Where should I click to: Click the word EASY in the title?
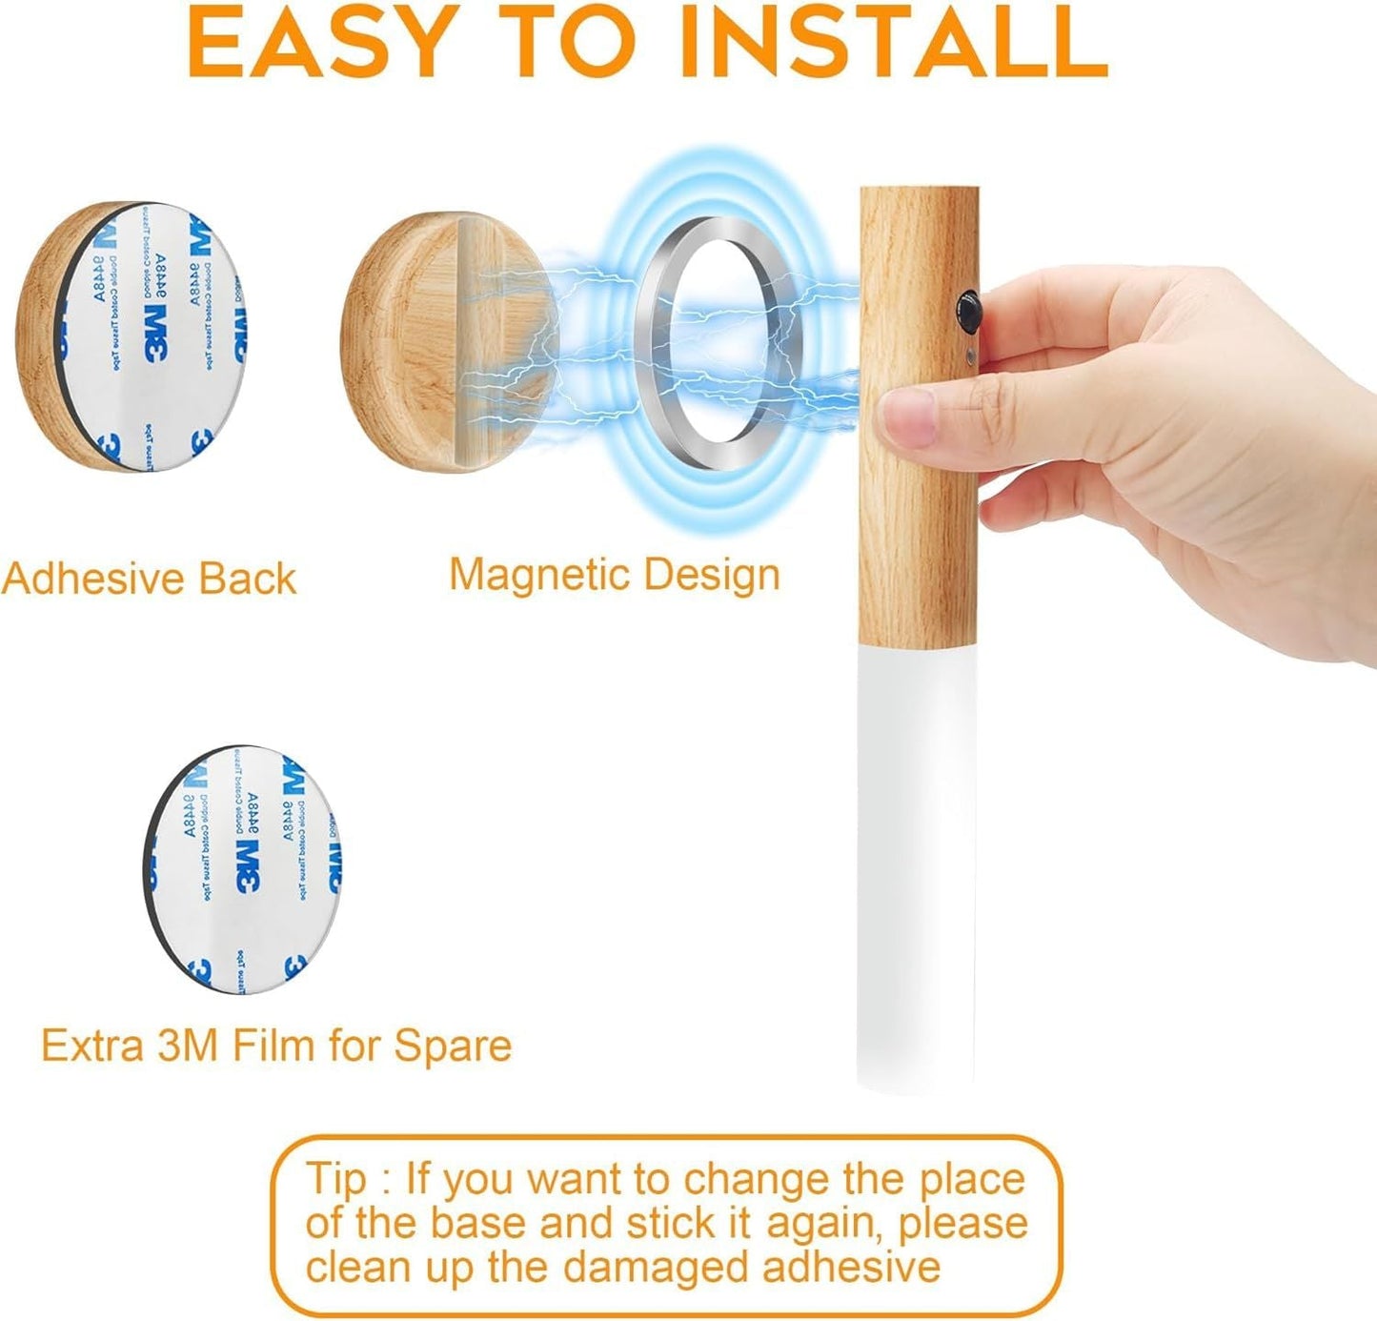click(319, 43)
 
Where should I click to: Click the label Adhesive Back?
click(149, 579)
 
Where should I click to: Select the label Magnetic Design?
click(615, 575)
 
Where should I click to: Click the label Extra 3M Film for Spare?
click(276, 1046)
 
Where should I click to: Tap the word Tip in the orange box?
click(336, 1179)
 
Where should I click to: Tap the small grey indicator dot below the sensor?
click(969, 358)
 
